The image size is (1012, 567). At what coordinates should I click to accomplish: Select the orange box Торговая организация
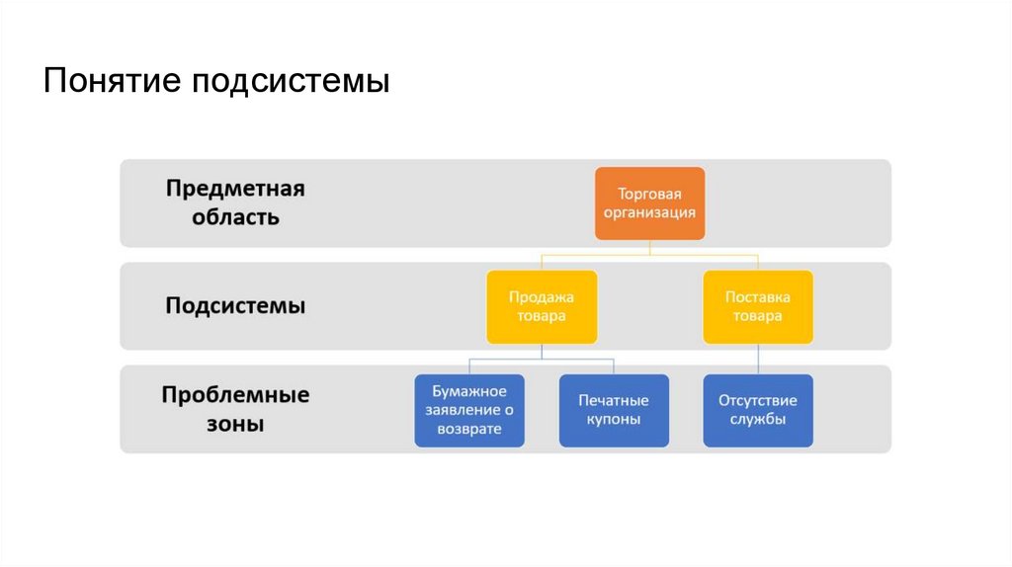point(649,203)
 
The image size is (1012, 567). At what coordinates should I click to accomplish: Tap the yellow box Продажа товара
point(541,306)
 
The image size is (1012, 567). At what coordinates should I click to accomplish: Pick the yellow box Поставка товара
point(758,306)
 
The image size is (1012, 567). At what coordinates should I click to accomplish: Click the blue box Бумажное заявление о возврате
point(469,410)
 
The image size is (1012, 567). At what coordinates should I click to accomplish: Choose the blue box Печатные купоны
point(614,410)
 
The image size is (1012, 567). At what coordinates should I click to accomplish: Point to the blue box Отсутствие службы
point(758,410)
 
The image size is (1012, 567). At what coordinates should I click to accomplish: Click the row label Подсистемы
point(235,306)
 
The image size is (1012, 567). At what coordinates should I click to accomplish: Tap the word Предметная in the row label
point(235,190)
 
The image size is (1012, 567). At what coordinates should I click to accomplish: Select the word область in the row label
point(222,217)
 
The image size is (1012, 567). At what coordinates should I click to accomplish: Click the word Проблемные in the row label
point(235,396)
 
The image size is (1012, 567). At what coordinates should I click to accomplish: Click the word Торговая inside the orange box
point(649,194)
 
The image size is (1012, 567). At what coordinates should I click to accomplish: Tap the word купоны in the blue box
point(614,420)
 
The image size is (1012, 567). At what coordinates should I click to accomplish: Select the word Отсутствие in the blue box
point(758,401)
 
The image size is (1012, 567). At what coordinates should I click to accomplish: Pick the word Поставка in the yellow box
point(758,296)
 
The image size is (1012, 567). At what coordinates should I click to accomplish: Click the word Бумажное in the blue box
point(469,391)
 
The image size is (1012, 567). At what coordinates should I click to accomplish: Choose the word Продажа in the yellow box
point(541,296)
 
